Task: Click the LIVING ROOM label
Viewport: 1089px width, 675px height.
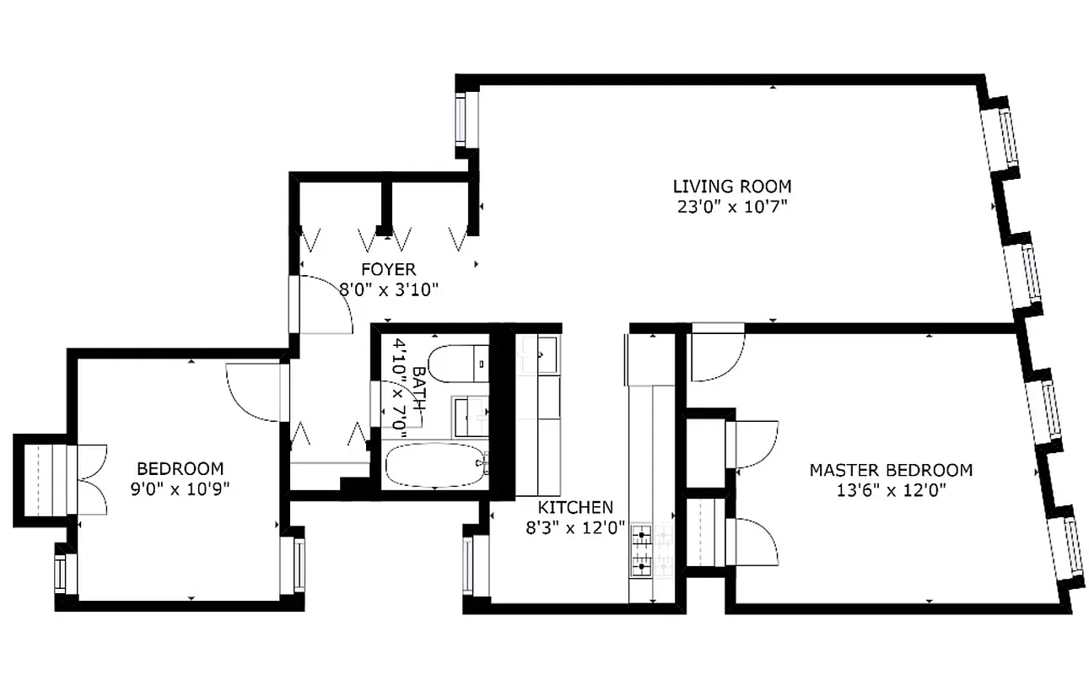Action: [731, 186]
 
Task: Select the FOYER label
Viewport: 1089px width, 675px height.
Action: [388, 270]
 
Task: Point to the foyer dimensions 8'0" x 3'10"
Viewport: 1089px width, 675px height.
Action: [389, 289]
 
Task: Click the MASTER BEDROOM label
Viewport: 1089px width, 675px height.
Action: [891, 470]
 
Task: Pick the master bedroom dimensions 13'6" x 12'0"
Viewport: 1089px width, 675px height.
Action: [891, 490]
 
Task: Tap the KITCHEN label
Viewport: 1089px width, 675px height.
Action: [575, 507]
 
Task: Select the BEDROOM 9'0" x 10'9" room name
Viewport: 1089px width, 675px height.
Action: [181, 468]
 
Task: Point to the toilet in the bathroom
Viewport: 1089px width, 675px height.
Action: [456, 364]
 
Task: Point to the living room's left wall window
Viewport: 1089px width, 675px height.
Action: [461, 119]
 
